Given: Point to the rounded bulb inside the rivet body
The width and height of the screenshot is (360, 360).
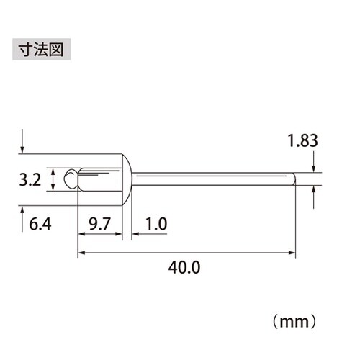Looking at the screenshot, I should (70, 179).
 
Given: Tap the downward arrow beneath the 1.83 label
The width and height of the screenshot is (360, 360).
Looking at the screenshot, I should (314, 168).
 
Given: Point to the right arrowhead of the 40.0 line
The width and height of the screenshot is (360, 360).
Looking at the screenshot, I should (293, 253).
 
